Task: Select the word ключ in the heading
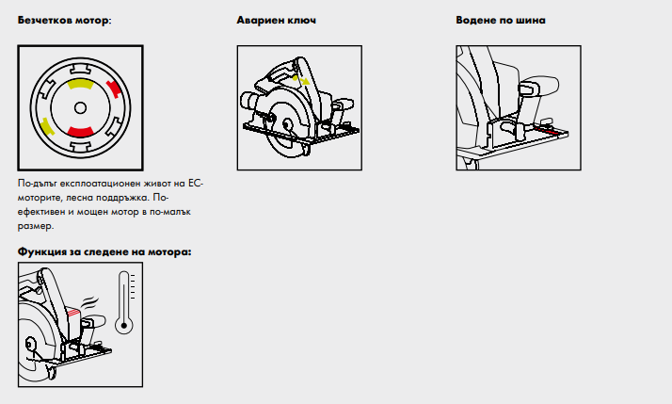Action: [x=301, y=20]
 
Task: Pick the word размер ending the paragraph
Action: [x=35, y=226]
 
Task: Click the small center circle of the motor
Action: [x=80, y=108]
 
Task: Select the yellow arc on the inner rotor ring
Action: [x=80, y=84]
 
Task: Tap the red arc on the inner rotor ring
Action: [x=81, y=132]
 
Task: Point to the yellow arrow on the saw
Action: [x=302, y=80]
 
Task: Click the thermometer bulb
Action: [x=124, y=326]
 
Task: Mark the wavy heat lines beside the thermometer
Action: [x=90, y=302]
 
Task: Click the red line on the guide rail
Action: [x=547, y=130]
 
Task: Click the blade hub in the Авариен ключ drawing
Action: [x=286, y=124]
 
